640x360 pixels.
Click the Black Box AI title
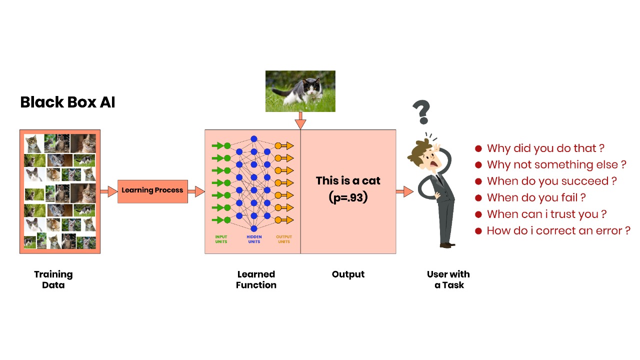tap(67, 102)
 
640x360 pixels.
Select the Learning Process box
tap(152, 191)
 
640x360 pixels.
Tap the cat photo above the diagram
tap(300, 91)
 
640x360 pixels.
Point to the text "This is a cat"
tap(348, 180)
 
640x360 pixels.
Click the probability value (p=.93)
tap(348, 197)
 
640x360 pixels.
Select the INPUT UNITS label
tap(221, 239)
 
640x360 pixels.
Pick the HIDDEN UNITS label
tap(254, 239)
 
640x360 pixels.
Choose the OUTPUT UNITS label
tap(283, 239)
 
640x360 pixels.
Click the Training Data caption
tap(53, 279)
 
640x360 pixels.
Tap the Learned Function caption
tap(256, 279)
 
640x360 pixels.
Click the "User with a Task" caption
tap(448, 279)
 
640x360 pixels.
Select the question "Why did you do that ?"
tap(545, 148)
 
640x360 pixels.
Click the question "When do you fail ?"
tap(536, 197)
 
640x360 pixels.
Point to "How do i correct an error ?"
tap(558, 230)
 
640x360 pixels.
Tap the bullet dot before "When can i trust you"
tap(478, 214)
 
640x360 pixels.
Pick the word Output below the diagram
tap(348, 274)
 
